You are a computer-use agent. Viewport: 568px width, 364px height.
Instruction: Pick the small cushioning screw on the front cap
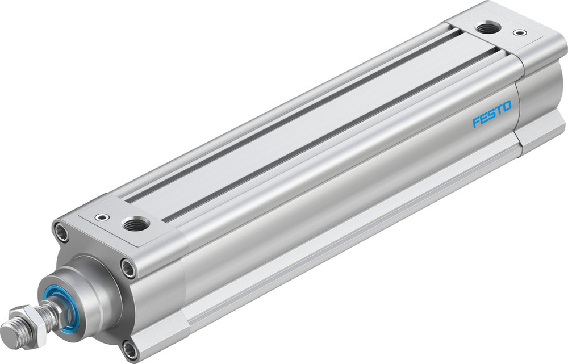pyautogui.click(x=102, y=216)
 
